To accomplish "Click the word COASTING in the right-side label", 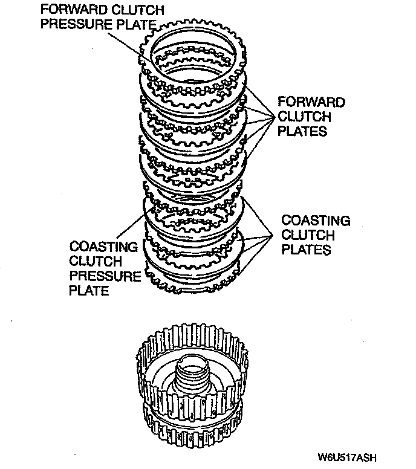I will click(316, 221).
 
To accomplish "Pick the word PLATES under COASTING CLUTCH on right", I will click(307, 249).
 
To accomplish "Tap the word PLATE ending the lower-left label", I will click(89, 291).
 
